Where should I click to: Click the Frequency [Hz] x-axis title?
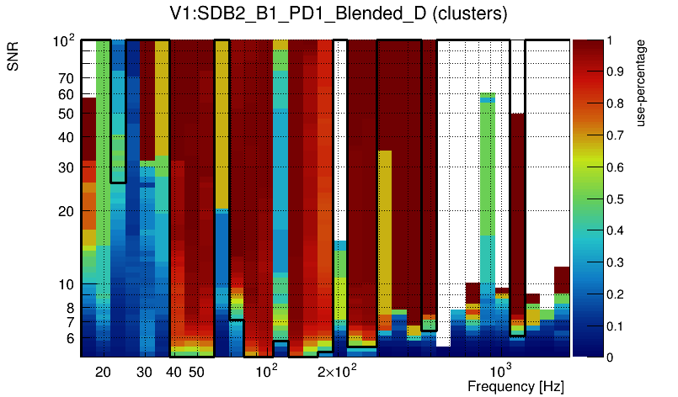coord(515,386)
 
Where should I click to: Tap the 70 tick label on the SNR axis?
coord(66,79)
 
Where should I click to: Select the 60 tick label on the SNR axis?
coord(66,95)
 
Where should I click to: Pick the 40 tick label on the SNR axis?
coord(66,137)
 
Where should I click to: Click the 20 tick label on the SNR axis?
coord(66,211)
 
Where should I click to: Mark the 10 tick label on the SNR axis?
coord(66,285)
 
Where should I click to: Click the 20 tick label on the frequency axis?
coord(103,372)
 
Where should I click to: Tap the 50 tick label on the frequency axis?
coord(196,372)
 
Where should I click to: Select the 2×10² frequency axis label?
coord(337,371)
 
